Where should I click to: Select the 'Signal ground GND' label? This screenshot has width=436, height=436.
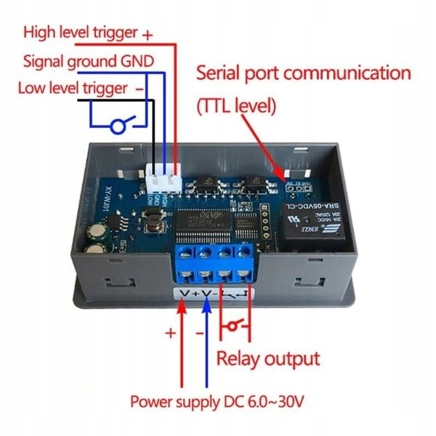point(88,61)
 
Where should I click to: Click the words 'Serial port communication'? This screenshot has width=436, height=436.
point(304,73)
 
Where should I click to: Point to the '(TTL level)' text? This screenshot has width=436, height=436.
point(236,105)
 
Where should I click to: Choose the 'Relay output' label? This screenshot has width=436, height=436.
point(268,358)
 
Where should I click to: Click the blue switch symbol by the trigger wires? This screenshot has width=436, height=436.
point(121,125)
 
